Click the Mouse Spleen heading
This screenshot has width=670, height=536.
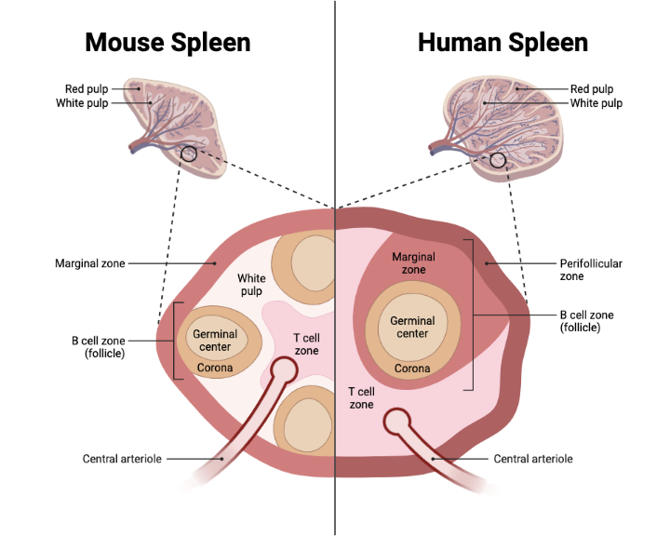coord(167,42)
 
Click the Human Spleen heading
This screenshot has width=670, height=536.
coord(502,42)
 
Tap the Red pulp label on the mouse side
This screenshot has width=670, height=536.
coord(87,89)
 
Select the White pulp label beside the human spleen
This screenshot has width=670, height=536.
coord(596,103)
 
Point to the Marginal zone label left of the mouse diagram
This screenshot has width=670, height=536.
coord(89,263)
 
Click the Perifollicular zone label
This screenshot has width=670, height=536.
coord(590,270)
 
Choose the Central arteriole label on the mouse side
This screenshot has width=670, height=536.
coord(118,459)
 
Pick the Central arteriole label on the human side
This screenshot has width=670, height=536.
coord(533,459)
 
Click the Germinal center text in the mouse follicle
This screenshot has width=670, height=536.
coord(215,340)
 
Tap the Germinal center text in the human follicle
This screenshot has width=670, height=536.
coord(412,327)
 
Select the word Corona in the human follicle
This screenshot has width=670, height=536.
coord(412,368)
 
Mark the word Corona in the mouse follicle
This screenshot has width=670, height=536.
coord(215,368)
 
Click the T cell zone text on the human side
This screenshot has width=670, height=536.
coord(361,398)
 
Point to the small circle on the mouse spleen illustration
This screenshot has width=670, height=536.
coord(190,154)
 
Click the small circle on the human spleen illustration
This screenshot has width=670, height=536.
coord(498,160)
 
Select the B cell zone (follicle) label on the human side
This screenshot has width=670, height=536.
coord(586,321)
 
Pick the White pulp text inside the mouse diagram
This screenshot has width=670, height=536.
coord(251,285)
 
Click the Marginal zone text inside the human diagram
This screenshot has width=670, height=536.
coord(409,262)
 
